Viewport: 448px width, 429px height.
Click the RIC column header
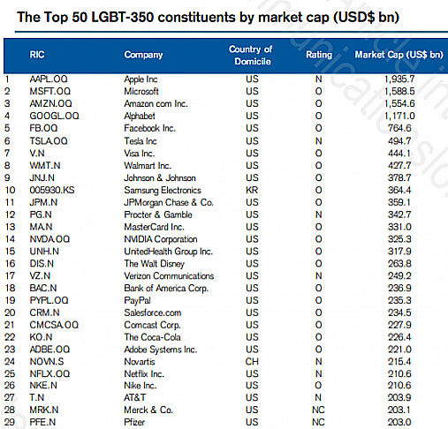pyautogui.click(x=37, y=55)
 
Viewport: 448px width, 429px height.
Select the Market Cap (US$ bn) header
pyautogui.click(x=399, y=55)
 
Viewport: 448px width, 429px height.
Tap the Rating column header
pyautogui.click(x=319, y=55)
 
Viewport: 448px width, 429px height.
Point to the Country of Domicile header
pyautogui.click(x=251, y=55)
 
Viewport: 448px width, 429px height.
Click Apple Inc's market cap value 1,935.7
pyautogui.click(x=399, y=79)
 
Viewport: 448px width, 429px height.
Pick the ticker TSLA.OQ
pyautogui.click(x=49, y=141)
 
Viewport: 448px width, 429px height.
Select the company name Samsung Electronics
pyautogui.click(x=163, y=190)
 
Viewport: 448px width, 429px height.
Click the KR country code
pyautogui.click(x=252, y=190)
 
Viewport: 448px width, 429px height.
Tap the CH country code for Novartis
pyautogui.click(x=252, y=361)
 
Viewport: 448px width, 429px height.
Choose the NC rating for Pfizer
pyautogui.click(x=318, y=422)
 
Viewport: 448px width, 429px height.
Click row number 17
pyautogui.click(x=10, y=275)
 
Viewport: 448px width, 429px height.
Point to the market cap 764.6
pyautogui.click(x=399, y=128)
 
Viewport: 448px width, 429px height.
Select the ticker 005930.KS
pyautogui.click(x=52, y=190)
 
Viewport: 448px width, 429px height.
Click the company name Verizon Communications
pyautogui.click(x=169, y=275)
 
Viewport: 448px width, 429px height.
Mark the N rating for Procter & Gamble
pyautogui.click(x=318, y=214)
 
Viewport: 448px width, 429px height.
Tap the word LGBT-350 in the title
pyautogui.click(x=123, y=17)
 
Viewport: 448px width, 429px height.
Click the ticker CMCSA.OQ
pyautogui.click(x=54, y=325)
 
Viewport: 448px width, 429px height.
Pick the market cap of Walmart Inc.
pyautogui.click(x=399, y=165)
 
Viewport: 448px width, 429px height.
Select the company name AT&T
pyautogui.click(x=134, y=397)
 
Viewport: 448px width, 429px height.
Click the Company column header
pyautogui.click(x=143, y=55)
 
